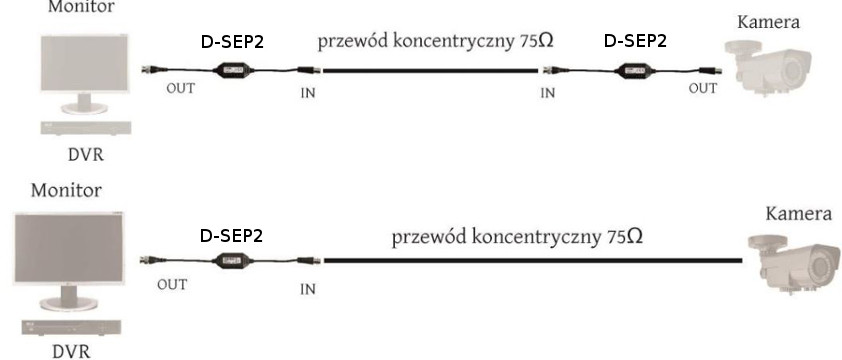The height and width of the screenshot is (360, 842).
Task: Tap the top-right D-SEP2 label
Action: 635,42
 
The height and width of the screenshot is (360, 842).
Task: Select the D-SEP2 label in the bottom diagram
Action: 231,236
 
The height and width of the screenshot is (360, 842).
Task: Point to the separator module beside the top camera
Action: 634,70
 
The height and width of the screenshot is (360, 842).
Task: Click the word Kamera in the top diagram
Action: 769,22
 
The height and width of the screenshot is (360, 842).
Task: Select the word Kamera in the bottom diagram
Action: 798,213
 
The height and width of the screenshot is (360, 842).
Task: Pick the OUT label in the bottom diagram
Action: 172,284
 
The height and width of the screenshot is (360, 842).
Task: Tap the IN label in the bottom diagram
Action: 310,290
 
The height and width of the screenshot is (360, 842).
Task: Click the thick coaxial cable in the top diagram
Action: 430,70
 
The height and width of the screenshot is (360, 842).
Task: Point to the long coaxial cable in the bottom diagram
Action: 530,261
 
